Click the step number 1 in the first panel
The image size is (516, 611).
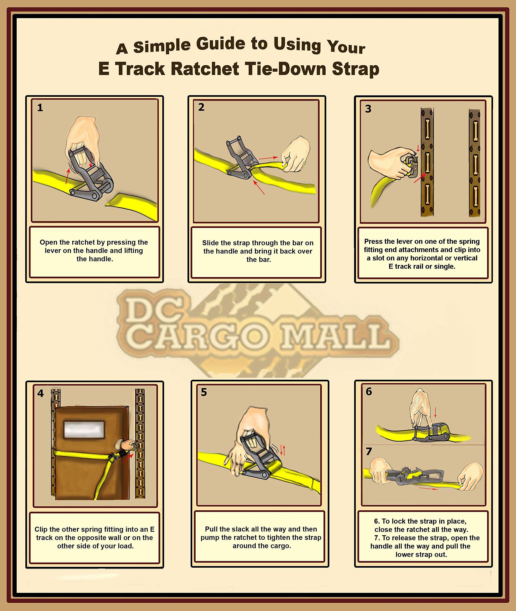pyautogui.click(x=40, y=108)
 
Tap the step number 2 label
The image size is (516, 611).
pyautogui.click(x=201, y=107)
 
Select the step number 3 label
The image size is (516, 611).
pyautogui.click(x=368, y=109)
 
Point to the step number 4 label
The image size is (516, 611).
pyautogui.click(x=40, y=393)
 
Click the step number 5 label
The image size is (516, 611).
pyautogui.click(x=204, y=392)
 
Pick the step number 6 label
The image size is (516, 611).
pyautogui.click(x=369, y=391)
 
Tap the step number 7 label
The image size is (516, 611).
pyautogui.click(x=369, y=452)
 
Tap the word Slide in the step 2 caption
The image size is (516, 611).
pyautogui.click(x=210, y=243)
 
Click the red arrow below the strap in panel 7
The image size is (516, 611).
pyautogui.click(x=428, y=488)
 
